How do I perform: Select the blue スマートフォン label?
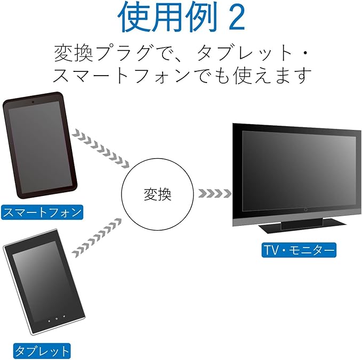click(x=43, y=212)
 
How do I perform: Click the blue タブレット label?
click(x=42, y=350)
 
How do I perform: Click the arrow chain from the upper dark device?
click(x=101, y=146)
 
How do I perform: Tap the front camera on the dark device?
click(x=33, y=100)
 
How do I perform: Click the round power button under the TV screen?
click(x=305, y=209)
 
